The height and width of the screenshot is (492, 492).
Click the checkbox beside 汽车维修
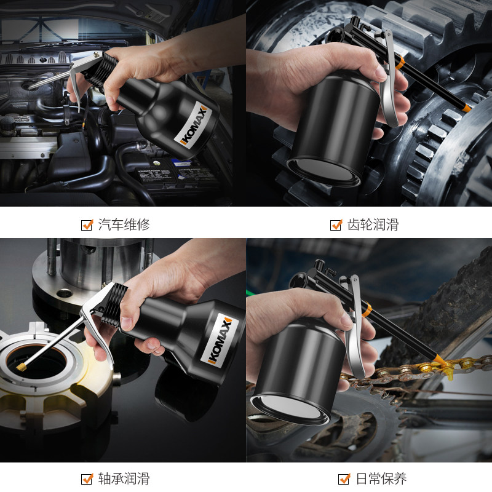pyautogui.click(x=87, y=225)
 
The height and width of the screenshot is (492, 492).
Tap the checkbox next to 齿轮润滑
pyautogui.click(x=336, y=225)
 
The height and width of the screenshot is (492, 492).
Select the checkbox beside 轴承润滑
pyautogui.click(x=87, y=479)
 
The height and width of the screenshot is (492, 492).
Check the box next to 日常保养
pyautogui.click(x=344, y=479)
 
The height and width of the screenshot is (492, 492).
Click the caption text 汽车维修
pyautogui.click(x=124, y=224)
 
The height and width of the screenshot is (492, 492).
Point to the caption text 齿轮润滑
pyautogui.click(x=373, y=224)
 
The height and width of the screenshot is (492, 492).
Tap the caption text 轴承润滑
pyautogui.click(x=124, y=478)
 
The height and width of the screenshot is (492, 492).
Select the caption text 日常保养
pyautogui.click(x=381, y=478)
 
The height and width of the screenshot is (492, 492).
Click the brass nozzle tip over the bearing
pyautogui.click(x=22, y=367)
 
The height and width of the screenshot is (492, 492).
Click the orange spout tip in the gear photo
pyautogui.click(x=467, y=108)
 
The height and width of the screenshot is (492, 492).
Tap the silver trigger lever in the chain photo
pyautogui.click(x=355, y=327)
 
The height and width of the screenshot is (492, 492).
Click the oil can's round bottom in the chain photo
pyautogui.click(x=290, y=407)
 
